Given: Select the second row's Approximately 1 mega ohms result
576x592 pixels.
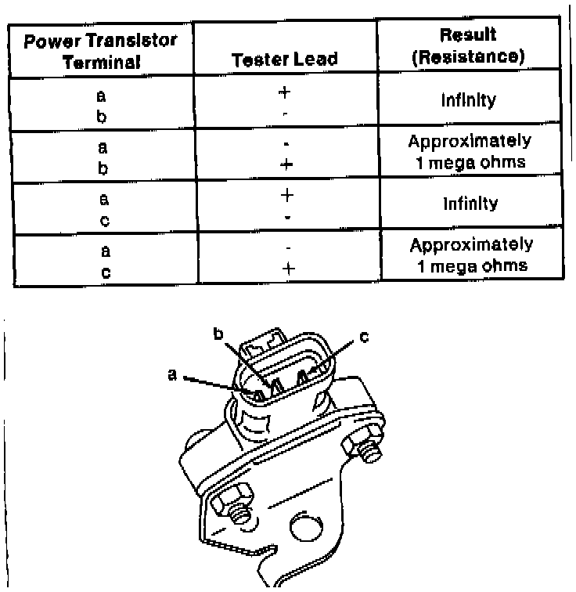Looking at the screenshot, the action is pos(470,152).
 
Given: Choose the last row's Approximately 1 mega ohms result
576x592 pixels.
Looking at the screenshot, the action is pos(471,255).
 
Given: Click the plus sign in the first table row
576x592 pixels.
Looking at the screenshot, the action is pos(285,92).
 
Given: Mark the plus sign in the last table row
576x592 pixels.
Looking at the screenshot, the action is pos(286,268).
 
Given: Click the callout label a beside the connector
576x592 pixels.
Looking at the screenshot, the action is pos(171,375).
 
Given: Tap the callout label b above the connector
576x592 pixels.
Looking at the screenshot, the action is pos(219,334).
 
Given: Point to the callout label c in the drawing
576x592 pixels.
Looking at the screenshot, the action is pos(364,338).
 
